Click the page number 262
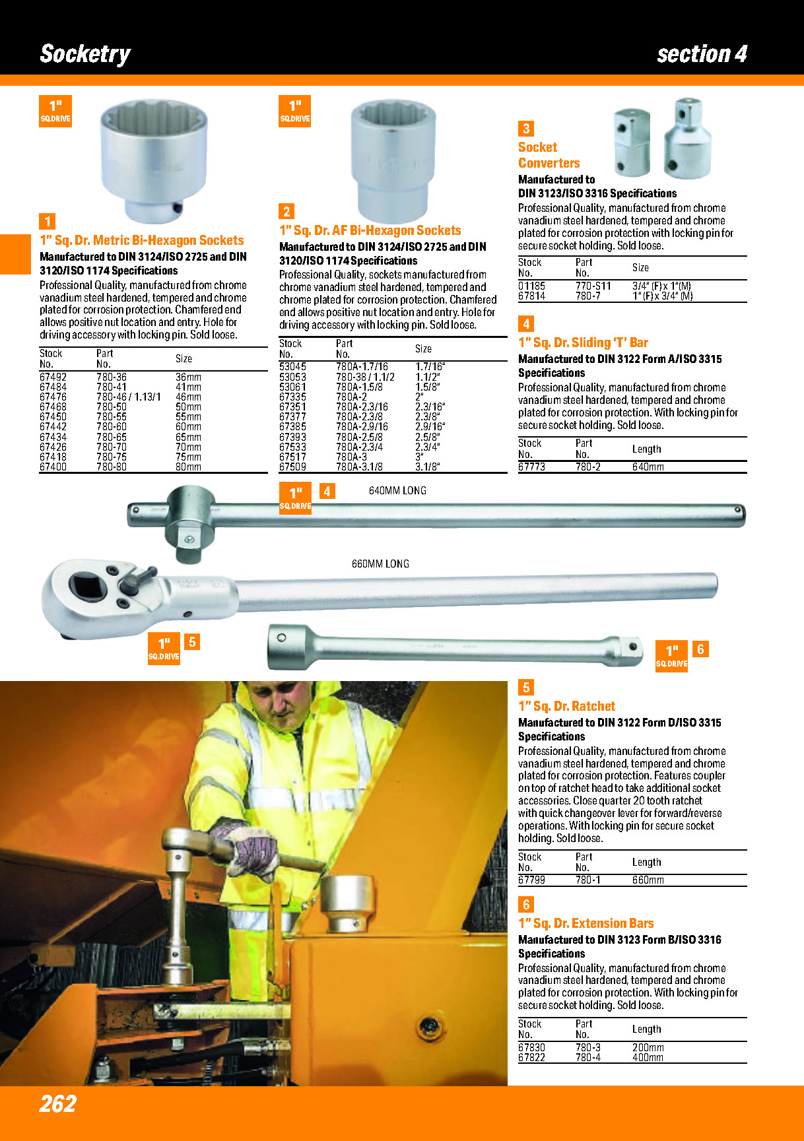coord(58,1103)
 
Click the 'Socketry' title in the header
coord(85,53)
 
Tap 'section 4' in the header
coord(702,53)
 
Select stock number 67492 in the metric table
coord(53,377)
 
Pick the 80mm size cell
coord(188,467)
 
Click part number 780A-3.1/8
coord(359,467)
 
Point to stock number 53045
coord(292,367)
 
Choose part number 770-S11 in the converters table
coord(593,286)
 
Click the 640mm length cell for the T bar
coord(648,467)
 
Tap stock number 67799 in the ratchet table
coord(531,880)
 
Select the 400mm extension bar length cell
coord(648,1058)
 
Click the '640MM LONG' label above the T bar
coord(397,491)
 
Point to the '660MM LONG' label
coord(380,564)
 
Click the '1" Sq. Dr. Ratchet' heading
coord(566,706)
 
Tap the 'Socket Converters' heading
coord(549,155)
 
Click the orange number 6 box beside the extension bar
coord(700,649)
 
